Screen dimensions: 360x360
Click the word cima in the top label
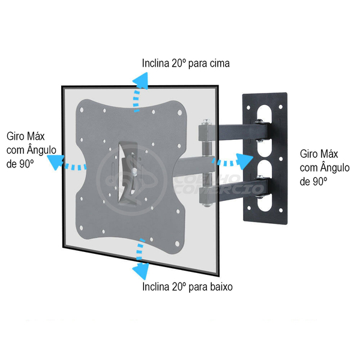click(x=219, y=62)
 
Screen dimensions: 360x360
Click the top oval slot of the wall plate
click(x=263, y=114)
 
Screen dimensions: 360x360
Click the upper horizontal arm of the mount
click(x=234, y=128)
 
